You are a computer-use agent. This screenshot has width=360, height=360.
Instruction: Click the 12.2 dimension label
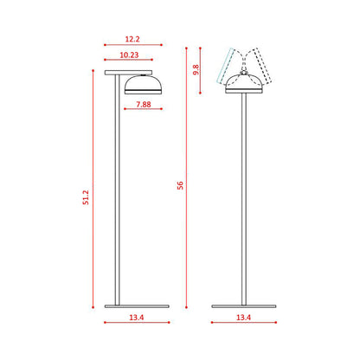coord(132,39)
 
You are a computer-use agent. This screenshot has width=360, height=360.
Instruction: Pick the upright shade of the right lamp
coord(243,84)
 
